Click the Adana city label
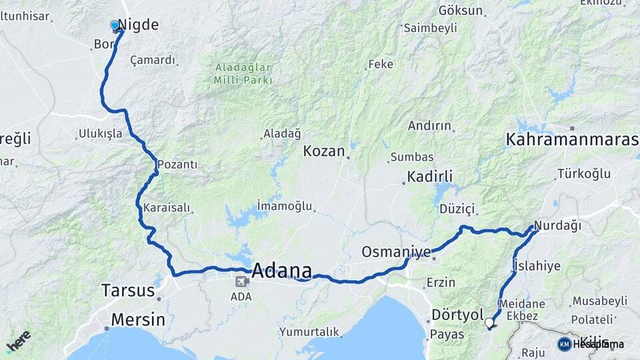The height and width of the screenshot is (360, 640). coord(282,271)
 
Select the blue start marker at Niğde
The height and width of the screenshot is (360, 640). coord(115,26)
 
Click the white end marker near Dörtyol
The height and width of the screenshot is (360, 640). coord(489,323)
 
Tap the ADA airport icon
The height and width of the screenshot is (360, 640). coord(239,281)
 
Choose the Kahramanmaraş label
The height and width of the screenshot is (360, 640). coord(572,140)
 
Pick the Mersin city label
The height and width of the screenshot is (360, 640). coord(138,319)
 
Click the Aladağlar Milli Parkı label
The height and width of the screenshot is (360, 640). coord(243,73)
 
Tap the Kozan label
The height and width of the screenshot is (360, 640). coord(325,151)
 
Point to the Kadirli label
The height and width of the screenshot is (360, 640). coord(427,177)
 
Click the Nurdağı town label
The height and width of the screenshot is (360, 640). coord(557,226)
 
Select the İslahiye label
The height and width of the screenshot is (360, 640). coord(537,266)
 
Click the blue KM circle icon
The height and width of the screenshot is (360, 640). coord(564,344)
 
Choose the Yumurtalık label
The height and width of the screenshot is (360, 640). coord(309,331)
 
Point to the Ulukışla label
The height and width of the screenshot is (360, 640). coord(101,133)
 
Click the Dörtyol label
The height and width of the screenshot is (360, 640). coord(457,314)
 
